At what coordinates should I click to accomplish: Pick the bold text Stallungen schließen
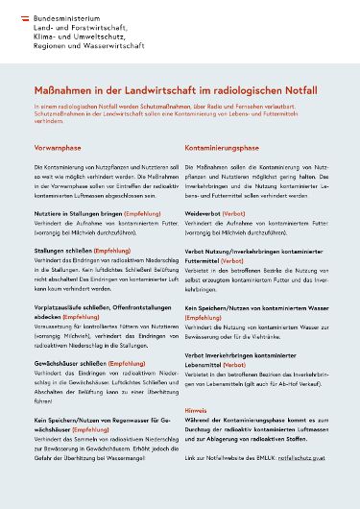click(62, 250)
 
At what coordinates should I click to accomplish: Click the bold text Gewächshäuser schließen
click(70, 364)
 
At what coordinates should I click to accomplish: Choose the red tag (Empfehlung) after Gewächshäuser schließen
click(127, 364)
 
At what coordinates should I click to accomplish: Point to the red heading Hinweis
click(195, 410)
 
